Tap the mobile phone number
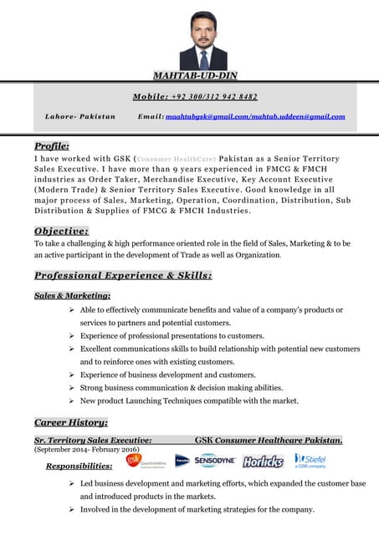point(218,96)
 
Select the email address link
point(255,116)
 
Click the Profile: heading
point(51,145)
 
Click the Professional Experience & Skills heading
point(122,274)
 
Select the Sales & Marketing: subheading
point(72,295)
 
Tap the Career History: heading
point(70,422)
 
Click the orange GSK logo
point(132,459)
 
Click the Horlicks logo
point(264,461)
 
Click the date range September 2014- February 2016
point(86,449)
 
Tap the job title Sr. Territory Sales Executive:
point(92,439)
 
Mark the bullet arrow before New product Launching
point(73,401)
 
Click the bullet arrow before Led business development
point(73,484)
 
